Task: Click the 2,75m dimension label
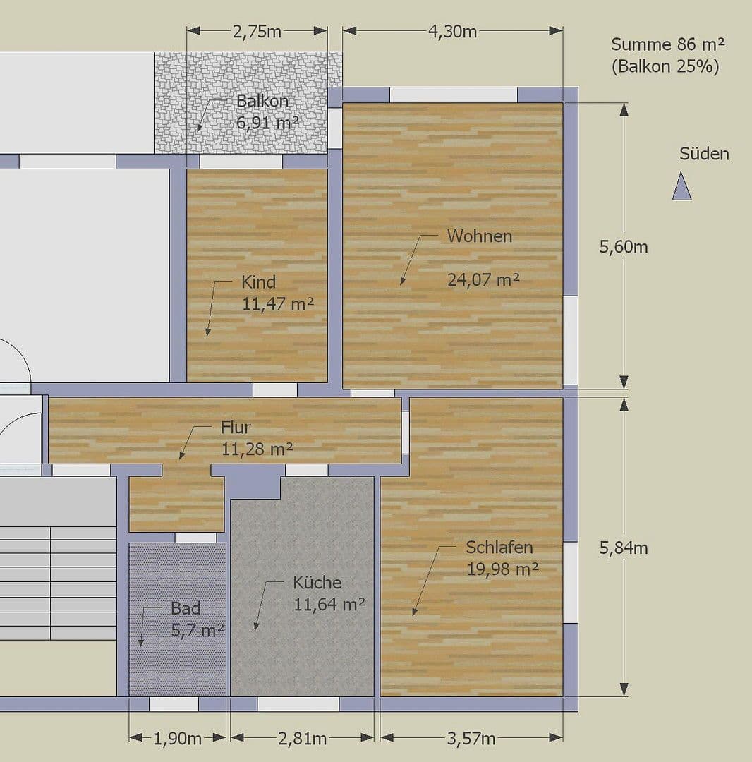coord(257,32)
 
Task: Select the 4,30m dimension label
coord(452,32)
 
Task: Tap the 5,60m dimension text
coord(624,247)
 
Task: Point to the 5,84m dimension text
coord(624,548)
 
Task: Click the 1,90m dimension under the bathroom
coord(178,739)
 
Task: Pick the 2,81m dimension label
coord(302,739)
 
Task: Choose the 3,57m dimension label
coord(471,739)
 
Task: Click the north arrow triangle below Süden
coord(681,188)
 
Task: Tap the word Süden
coord(704,154)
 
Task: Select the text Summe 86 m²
coord(667,44)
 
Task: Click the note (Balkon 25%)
coord(665,67)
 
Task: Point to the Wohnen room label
coord(480,236)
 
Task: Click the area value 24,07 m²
coord(483,279)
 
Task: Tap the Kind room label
coord(258,282)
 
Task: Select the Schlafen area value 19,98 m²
coord(502,569)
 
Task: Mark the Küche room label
coord(317,583)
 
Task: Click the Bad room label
coord(186,608)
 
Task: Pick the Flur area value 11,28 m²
coord(257,449)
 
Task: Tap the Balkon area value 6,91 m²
coord(267,123)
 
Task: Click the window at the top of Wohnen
coord(454,95)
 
